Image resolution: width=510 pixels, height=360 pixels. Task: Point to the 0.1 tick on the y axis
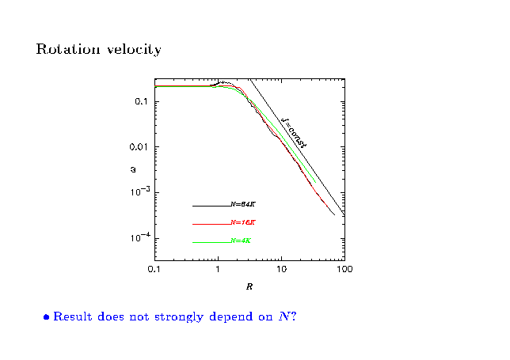pos(142,102)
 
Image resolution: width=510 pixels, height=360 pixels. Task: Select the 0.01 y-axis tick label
pos(139,147)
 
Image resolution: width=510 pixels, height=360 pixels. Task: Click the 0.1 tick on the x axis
pos(154,270)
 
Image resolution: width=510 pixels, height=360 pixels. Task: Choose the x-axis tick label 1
pos(218,270)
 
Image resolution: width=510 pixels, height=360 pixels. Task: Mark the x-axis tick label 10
pos(280,270)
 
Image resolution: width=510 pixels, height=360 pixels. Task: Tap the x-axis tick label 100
pos(344,270)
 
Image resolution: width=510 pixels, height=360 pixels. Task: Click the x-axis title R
pos(249,286)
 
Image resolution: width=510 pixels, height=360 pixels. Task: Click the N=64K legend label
pos(242,205)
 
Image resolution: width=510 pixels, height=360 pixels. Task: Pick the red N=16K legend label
pos(242,223)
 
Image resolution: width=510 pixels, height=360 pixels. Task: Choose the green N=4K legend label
pos(241,241)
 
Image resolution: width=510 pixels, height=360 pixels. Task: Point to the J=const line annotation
pos(294,132)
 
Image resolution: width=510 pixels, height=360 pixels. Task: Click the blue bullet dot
pos(47,317)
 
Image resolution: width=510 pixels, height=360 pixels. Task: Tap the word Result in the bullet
pos(71,316)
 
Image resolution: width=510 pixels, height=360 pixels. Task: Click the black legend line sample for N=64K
pos(211,206)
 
